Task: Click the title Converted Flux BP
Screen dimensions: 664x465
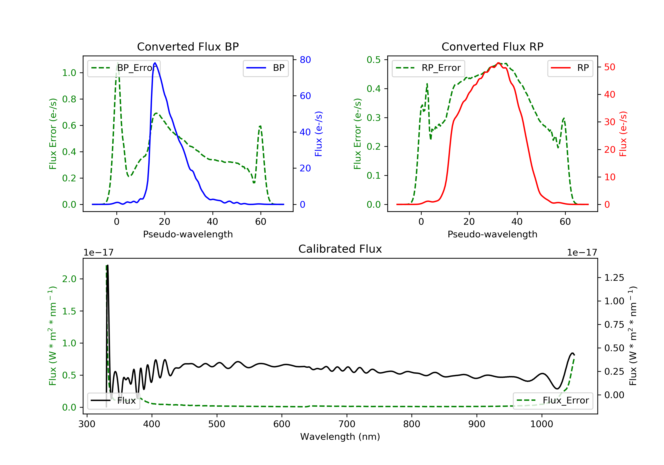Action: tap(188, 46)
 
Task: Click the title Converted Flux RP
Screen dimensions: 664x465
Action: tap(492, 46)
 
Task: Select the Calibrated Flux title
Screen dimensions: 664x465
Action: tap(340, 249)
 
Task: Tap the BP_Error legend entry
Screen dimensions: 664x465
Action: tap(124, 68)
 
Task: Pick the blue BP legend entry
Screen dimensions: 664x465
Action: tap(265, 68)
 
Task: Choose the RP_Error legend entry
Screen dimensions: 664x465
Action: tap(428, 68)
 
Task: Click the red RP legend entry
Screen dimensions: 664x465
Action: tap(570, 68)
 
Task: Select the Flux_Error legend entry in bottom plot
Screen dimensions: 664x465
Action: tap(553, 401)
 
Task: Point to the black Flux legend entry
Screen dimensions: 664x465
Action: tap(113, 401)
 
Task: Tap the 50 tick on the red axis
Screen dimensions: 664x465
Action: tap(610, 67)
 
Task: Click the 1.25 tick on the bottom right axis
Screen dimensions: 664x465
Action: tap(614, 278)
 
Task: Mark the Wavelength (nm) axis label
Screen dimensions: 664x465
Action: tap(340, 437)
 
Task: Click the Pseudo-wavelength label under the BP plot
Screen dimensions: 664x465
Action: tap(188, 234)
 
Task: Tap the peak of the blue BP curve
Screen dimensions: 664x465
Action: tap(155, 63)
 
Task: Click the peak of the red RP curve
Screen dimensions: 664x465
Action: tap(498, 63)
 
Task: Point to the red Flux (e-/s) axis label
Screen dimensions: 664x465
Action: tap(623, 134)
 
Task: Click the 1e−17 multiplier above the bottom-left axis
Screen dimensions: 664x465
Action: tap(98, 253)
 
